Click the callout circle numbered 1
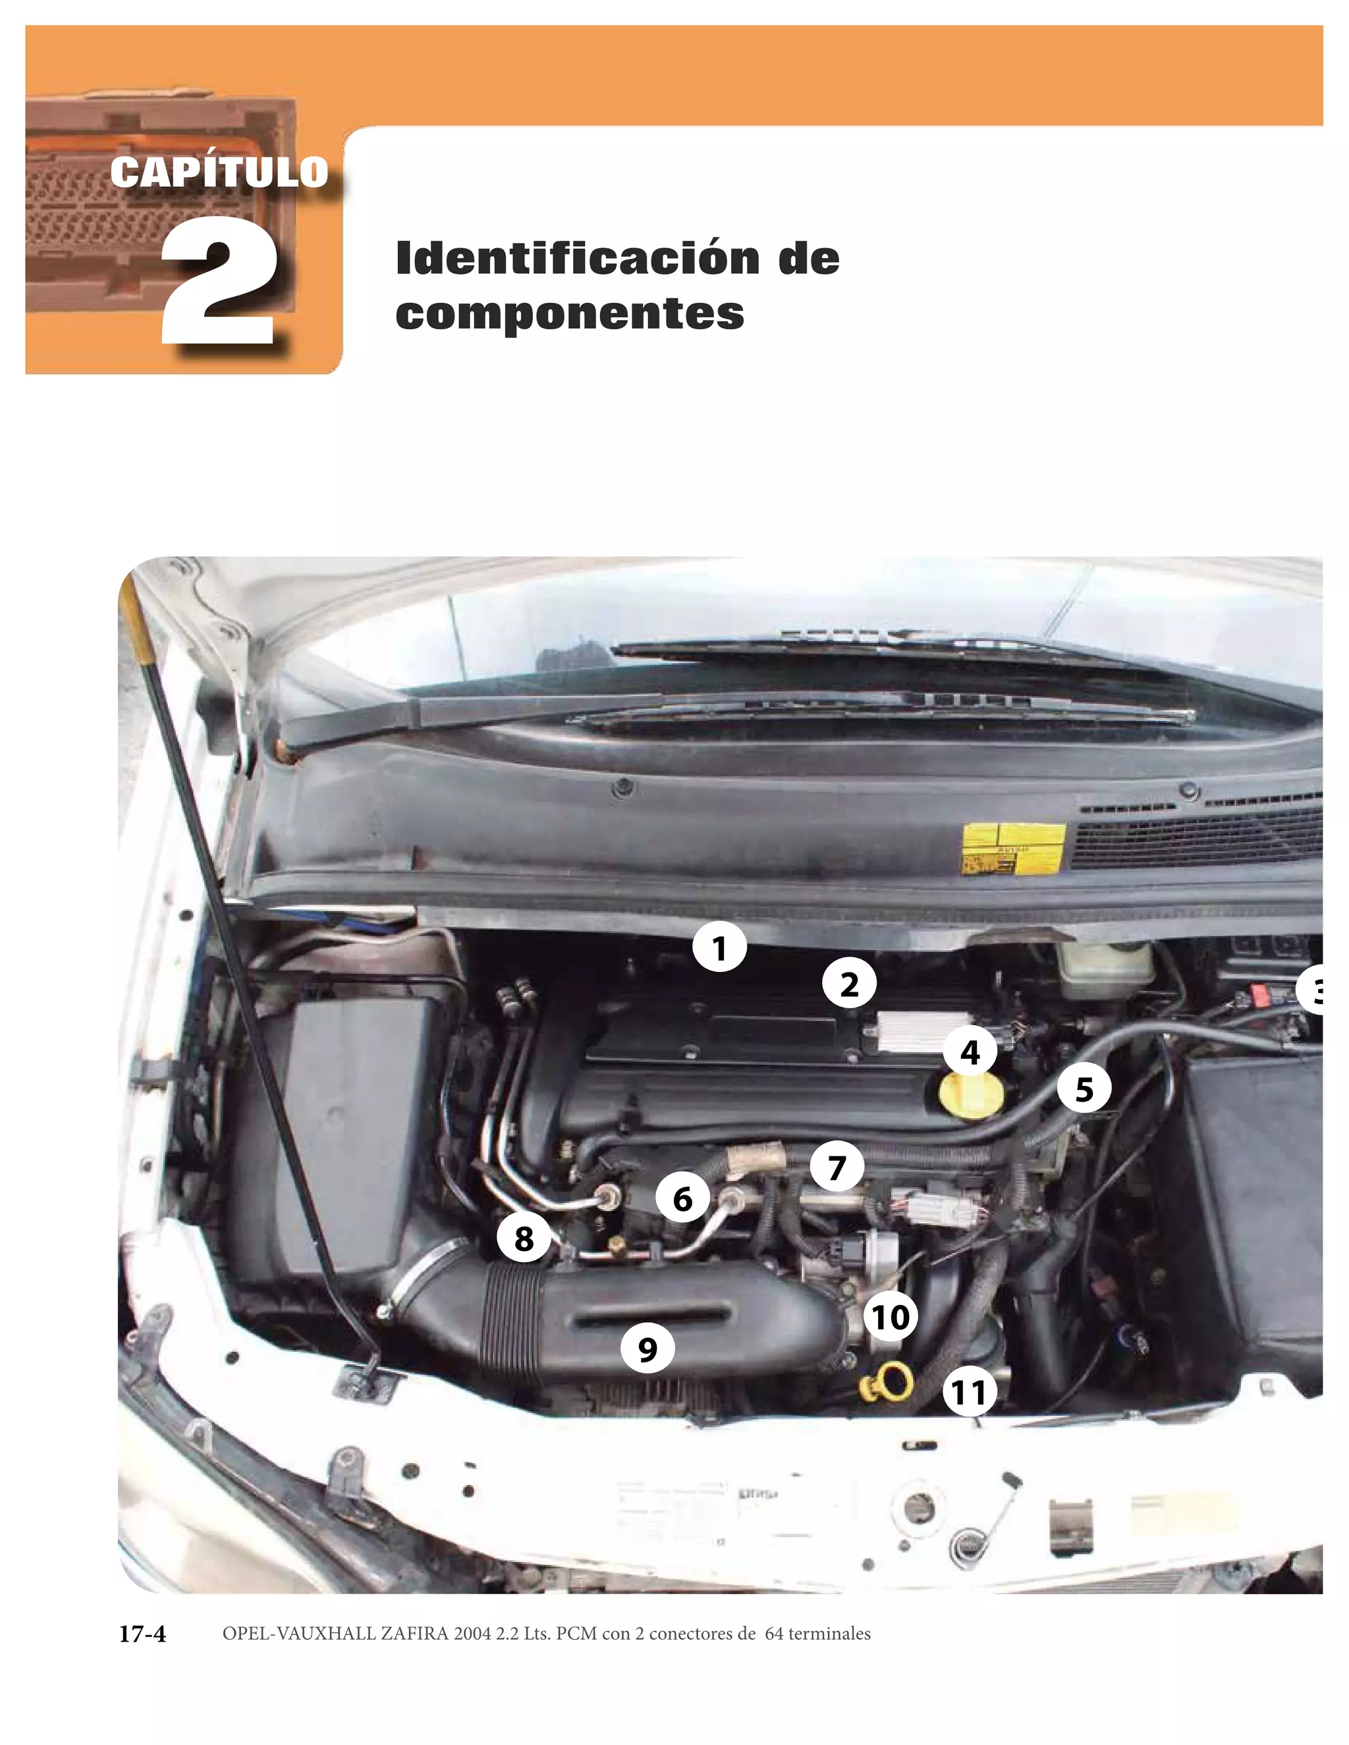pos(719,948)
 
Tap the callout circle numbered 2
pos(848,984)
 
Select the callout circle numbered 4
pos(970,1052)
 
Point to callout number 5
pos(1084,1089)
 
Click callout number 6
pos(682,1198)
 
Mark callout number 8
pos(524,1239)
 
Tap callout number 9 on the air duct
pos(647,1349)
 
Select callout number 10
pos(891,1317)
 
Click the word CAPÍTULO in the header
pos(219,172)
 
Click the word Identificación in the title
pos(577,258)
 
